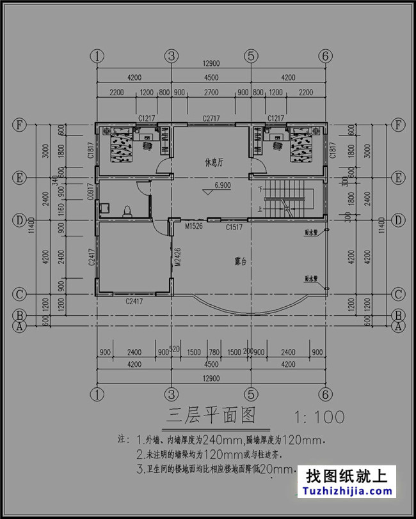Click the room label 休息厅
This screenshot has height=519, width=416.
213,162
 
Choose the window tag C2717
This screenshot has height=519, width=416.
212,118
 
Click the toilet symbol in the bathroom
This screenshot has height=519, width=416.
127,210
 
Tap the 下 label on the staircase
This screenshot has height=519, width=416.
260,190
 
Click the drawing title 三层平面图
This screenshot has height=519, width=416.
211,417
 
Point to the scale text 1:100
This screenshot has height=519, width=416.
318,418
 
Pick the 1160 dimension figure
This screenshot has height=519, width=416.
61,208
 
